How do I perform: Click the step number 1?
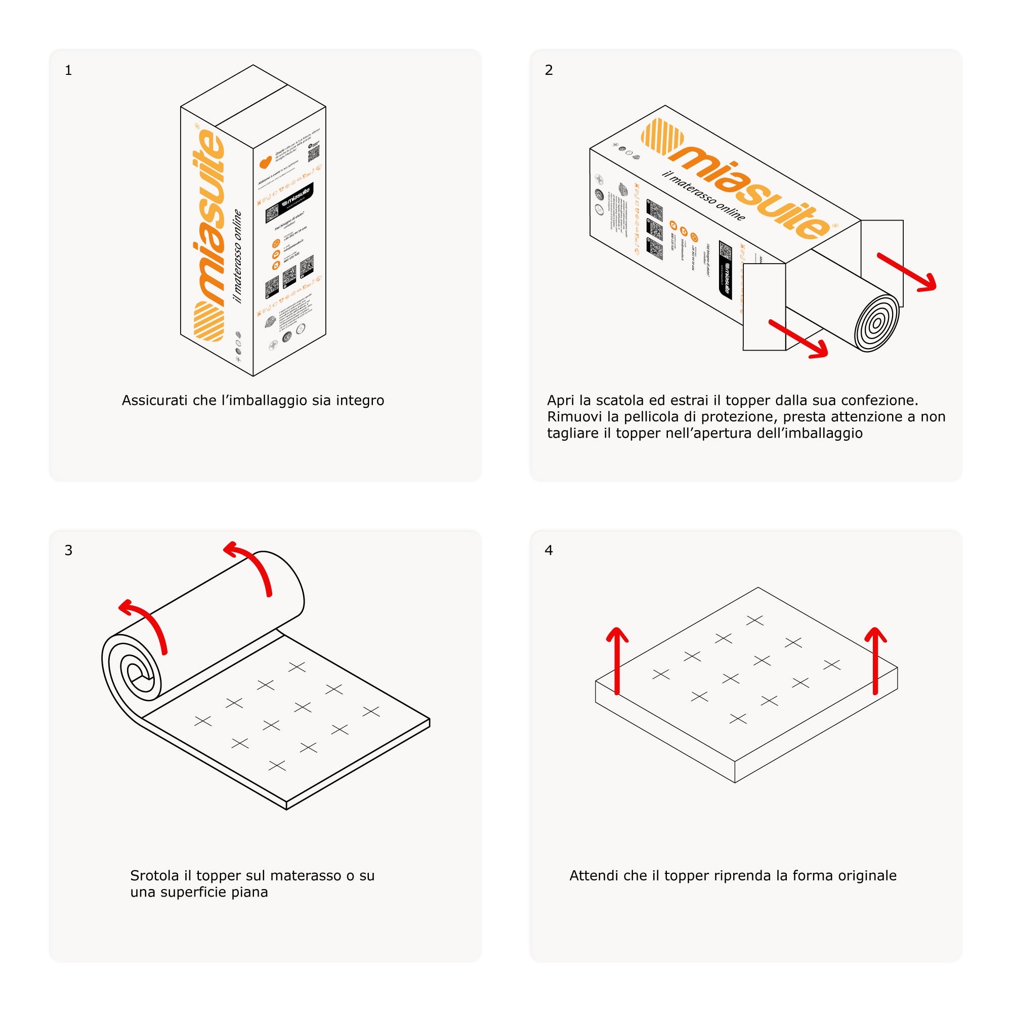click(68, 70)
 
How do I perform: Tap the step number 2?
click(549, 70)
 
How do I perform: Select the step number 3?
click(68, 550)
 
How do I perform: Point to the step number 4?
click(549, 550)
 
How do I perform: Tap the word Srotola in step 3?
click(154, 876)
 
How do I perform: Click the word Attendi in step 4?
click(594, 876)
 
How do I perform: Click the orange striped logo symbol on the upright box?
click(209, 321)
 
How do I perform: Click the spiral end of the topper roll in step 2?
click(876, 323)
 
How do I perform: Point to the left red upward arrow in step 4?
click(617, 660)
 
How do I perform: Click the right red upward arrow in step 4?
click(875, 660)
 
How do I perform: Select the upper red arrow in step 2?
click(907, 271)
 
